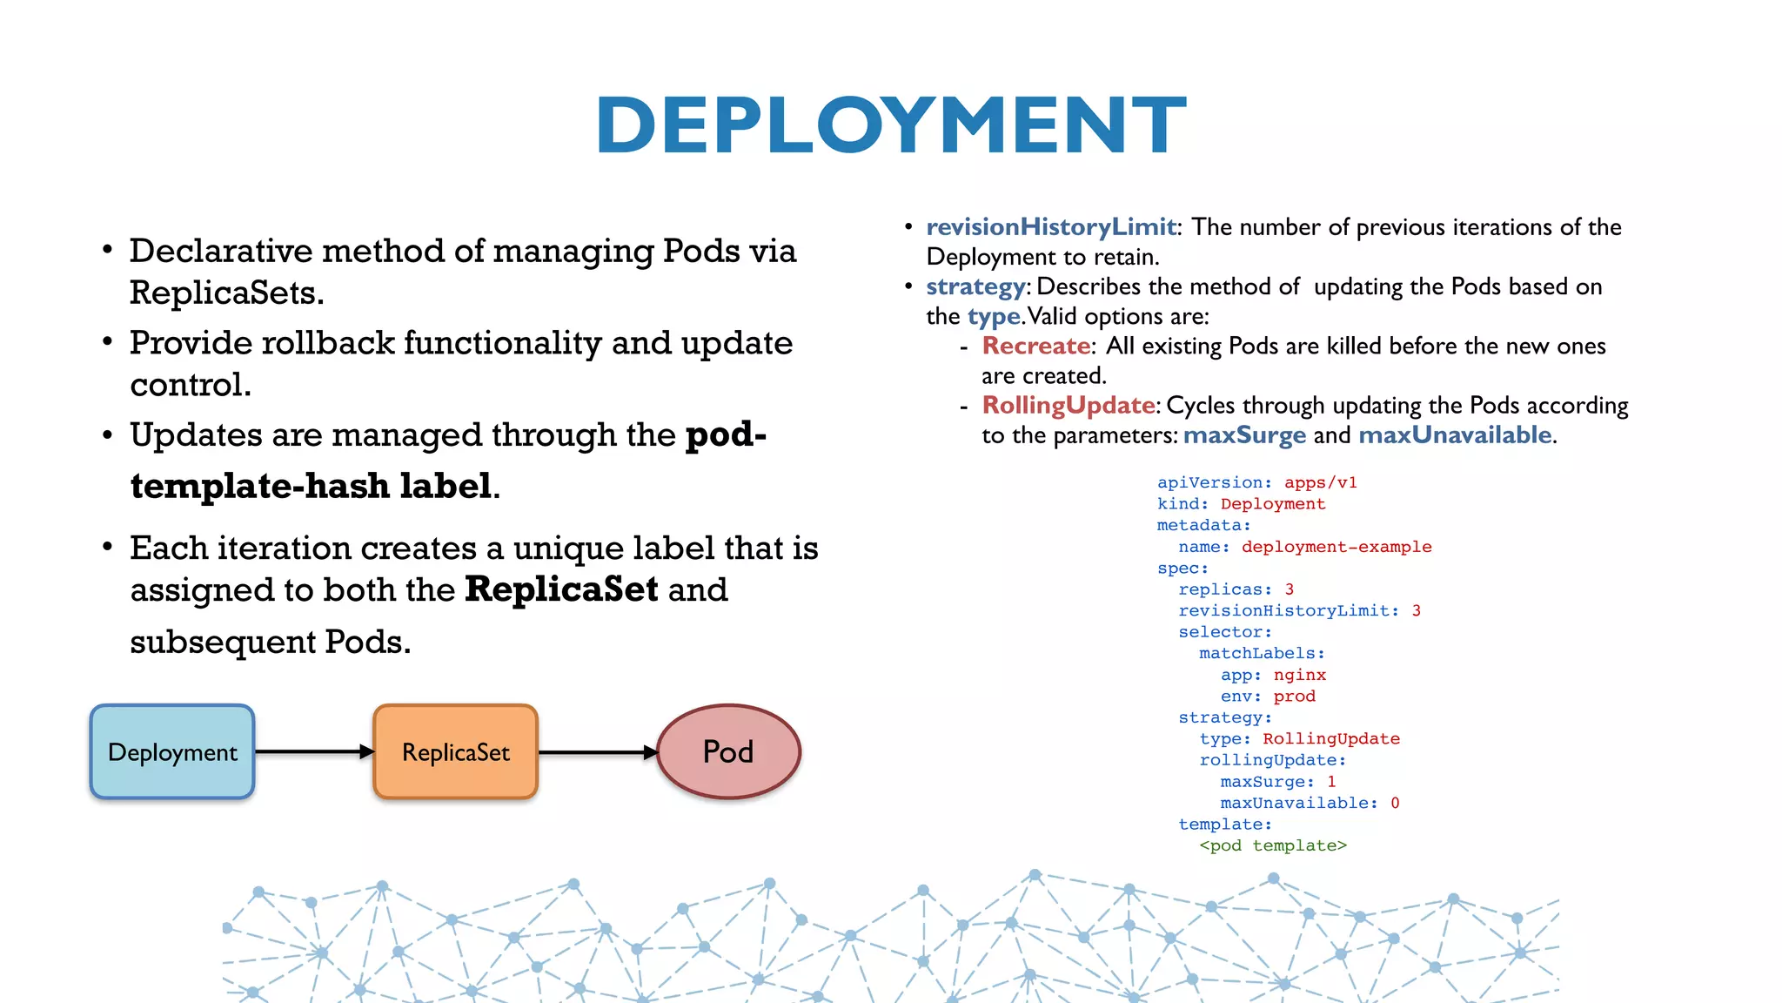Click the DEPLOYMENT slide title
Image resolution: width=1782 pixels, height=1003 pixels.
point(891,125)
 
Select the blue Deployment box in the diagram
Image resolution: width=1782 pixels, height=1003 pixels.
point(172,752)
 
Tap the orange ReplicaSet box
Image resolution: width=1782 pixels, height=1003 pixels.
point(456,752)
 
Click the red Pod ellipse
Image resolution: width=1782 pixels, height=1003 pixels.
point(728,752)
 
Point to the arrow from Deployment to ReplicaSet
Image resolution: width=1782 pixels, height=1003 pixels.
point(314,752)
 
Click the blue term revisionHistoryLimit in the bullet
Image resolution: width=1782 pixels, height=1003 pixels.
point(1051,227)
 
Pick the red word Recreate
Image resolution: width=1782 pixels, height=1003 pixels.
point(1035,346)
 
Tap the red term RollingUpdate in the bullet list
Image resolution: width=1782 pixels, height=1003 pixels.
point(1069,405)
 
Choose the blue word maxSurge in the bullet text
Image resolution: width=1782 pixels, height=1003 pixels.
point(1244,434)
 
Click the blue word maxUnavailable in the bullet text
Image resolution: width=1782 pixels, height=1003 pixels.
point(1455,434)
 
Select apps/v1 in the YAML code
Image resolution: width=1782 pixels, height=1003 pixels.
point(1320,482)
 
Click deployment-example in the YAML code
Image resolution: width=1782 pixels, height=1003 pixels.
point(1336,547)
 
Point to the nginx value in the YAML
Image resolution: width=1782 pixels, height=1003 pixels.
point(1300,675)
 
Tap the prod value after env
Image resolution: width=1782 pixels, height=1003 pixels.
point(1294,697)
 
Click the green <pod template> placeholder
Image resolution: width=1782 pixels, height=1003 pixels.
point(1273,845)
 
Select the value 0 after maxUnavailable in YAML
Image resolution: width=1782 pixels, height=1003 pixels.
point(1395,803)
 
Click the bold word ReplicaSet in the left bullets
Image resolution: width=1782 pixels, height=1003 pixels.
point(561,589)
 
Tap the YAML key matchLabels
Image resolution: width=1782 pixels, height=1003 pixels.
point(1260,653)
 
